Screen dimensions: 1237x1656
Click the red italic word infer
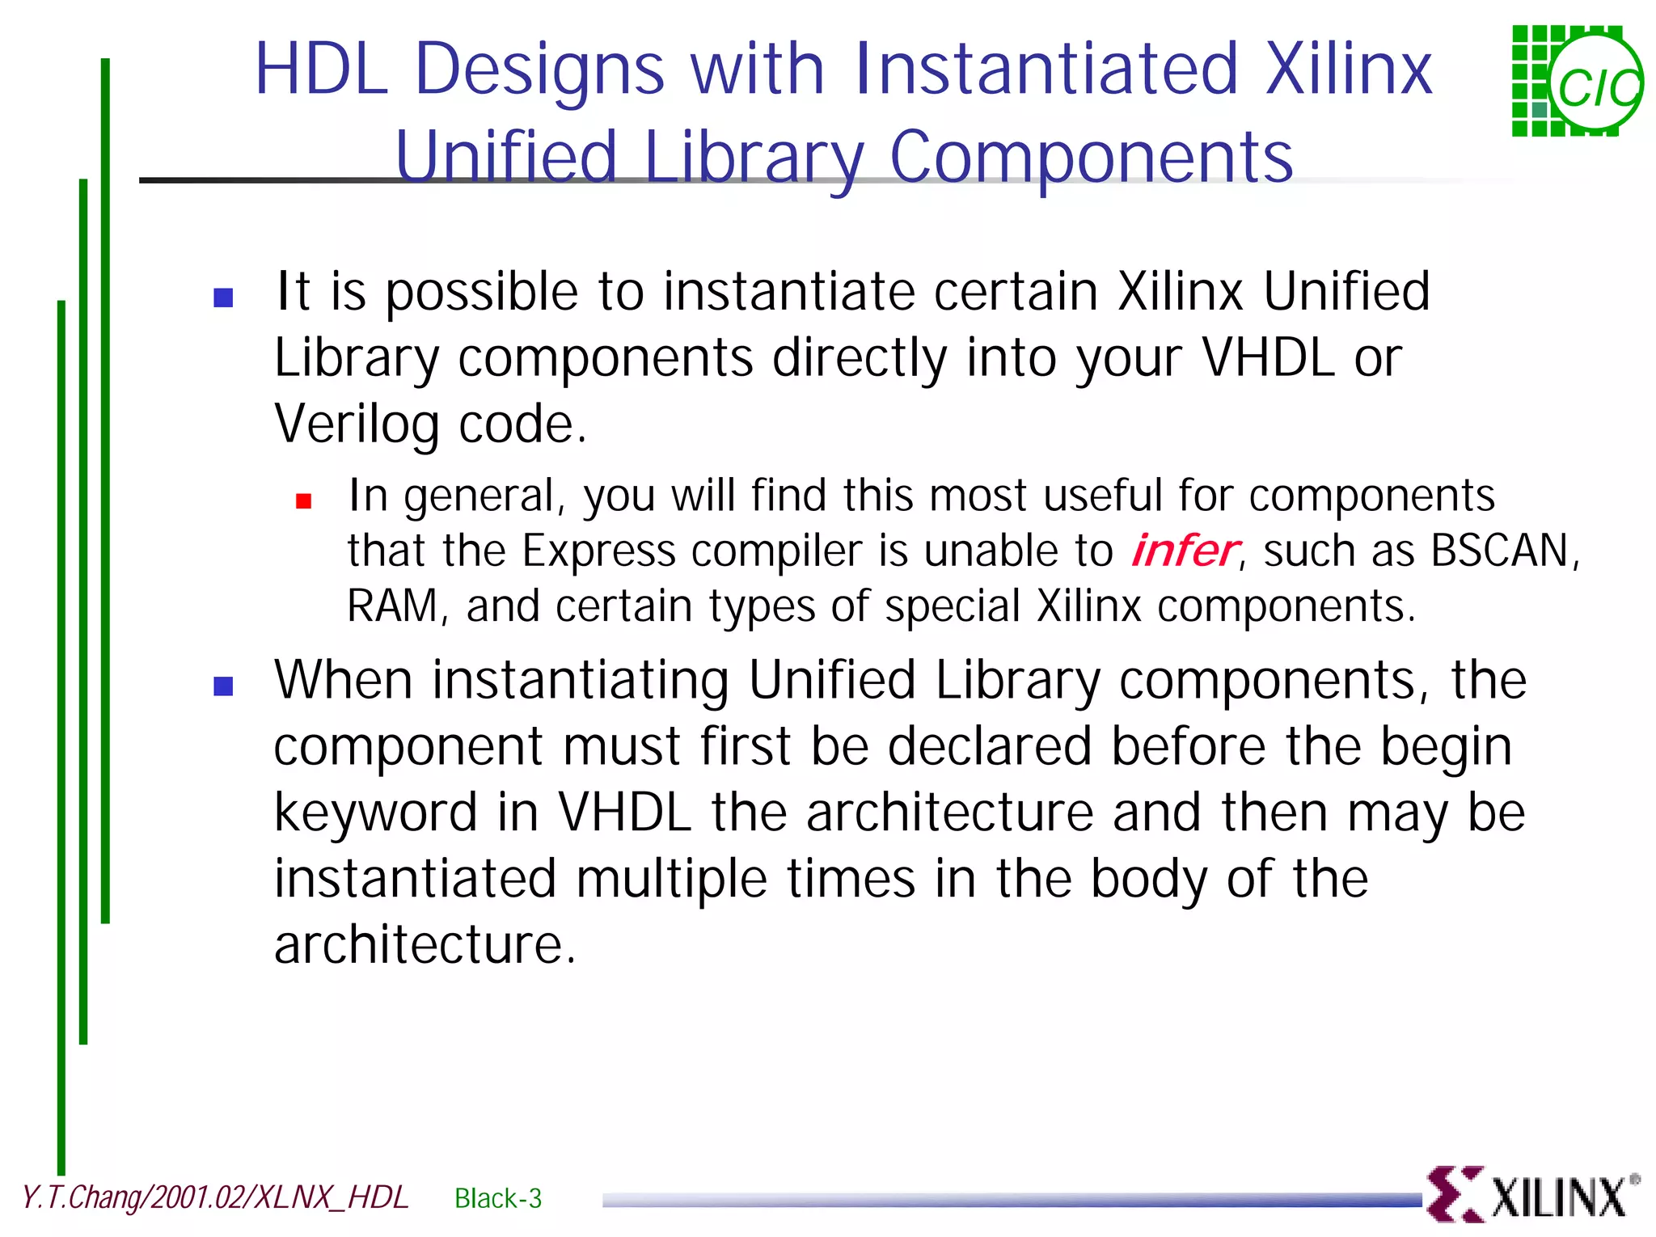click(x=1184, y=552)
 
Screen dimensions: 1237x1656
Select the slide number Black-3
click(x=498, y=1198)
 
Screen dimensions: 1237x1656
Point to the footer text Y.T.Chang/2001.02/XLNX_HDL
click(x=215, y=1197)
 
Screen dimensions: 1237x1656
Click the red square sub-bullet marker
click(x=304, y=502)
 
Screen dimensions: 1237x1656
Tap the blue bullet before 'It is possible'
click(x=223, y=298)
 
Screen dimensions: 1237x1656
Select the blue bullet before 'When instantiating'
click(x=223, y=686)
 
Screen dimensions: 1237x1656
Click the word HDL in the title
click(x=322, y=70)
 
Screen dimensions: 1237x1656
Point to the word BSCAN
click(x=1501, y=552)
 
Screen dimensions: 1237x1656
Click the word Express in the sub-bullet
click(x=598, y=552)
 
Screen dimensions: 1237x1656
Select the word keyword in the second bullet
click(x=375, y=814)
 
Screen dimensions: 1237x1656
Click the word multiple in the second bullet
click(x=671, y=880)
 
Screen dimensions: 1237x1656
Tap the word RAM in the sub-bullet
click(x=393, y=606)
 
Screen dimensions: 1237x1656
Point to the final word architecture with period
click(x=425, y=945)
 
